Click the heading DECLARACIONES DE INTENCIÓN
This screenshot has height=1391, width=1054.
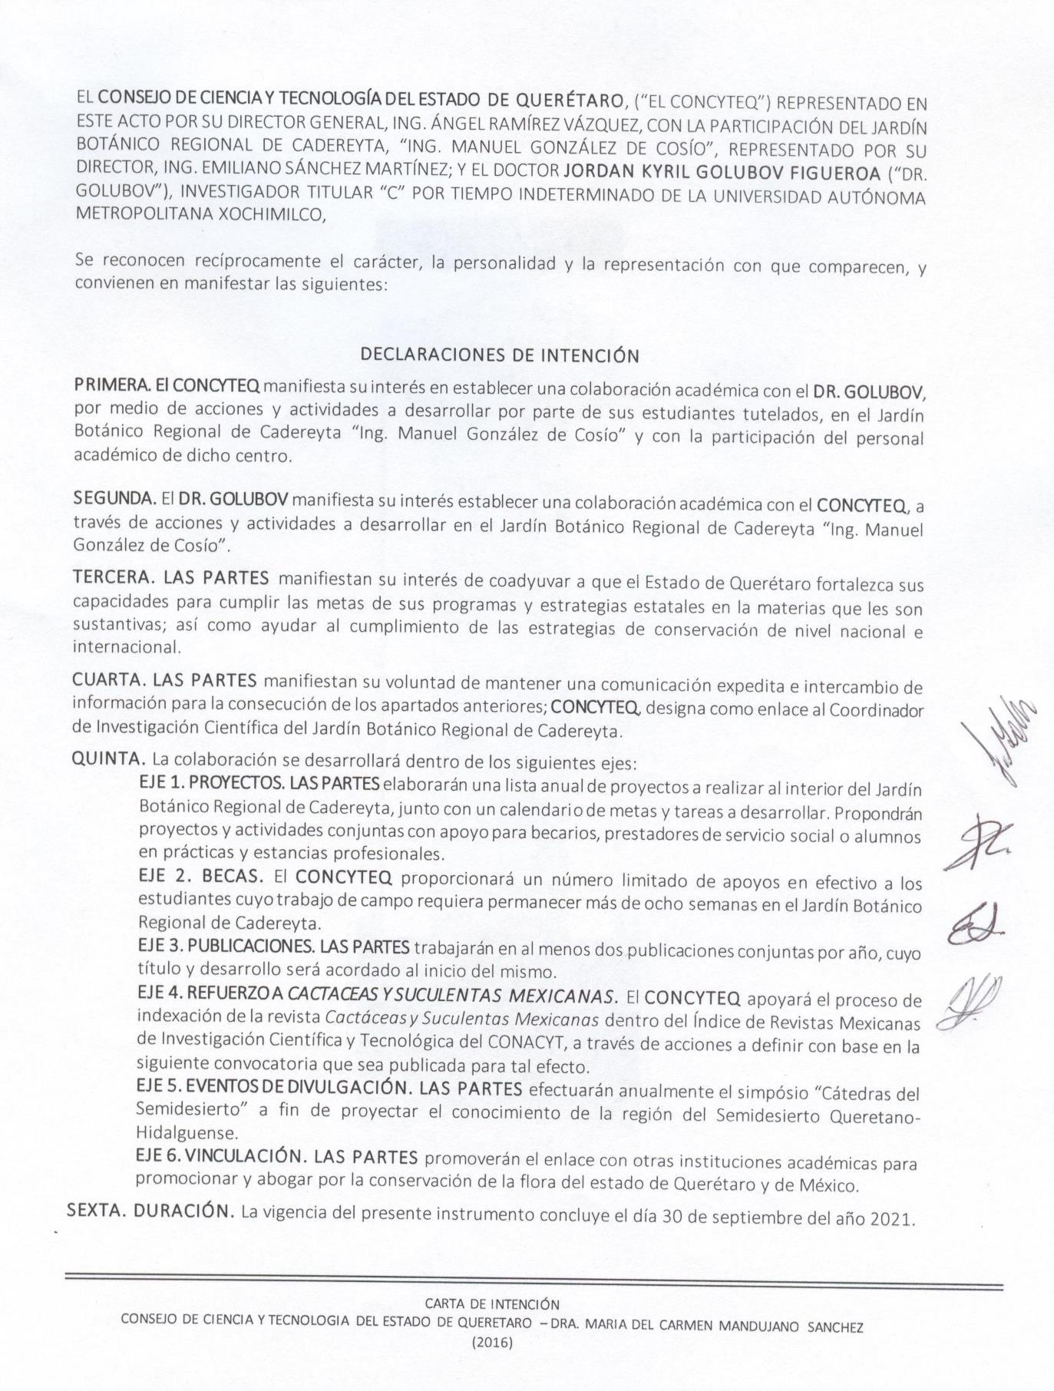[x=499, y=355]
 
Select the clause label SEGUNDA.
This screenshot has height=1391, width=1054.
[x=114, y=499]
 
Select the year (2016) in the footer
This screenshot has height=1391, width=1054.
[x=492, y=1343]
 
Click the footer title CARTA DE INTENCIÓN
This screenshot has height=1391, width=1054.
[x=492, y=1303]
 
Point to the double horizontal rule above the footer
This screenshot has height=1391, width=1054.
[x=534, y=1281]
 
